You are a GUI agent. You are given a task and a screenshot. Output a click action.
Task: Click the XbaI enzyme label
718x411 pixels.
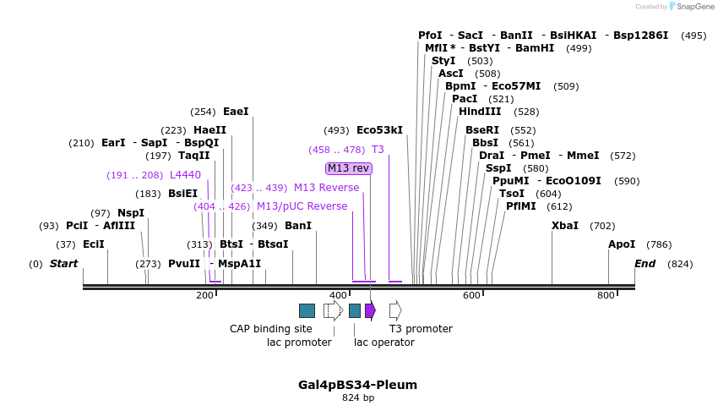point(565,226)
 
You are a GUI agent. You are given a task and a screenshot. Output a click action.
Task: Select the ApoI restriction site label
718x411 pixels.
point(622,244)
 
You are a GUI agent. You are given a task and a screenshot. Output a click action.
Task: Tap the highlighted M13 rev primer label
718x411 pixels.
point(348,168)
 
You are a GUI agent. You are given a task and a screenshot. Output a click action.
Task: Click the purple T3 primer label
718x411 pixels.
point(378,150)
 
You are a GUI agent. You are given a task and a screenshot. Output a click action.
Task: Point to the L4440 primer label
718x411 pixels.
point(185,175)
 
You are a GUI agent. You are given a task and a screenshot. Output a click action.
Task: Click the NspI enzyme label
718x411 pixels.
point(131,213)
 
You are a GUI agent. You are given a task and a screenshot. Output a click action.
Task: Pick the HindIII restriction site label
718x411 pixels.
point(480,112)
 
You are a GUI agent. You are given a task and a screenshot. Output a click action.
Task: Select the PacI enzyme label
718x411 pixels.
point(465,99)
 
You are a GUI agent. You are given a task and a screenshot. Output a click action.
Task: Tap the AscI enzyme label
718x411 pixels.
point(451,74)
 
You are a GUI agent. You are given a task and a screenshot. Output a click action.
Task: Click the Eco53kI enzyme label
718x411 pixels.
point(379,130)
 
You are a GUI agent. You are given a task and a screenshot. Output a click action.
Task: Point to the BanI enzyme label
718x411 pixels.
point(298,226)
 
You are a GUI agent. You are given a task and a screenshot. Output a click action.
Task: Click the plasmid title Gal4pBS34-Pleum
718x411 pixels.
point(357,385)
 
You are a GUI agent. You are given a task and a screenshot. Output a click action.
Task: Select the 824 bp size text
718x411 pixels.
point(357,397)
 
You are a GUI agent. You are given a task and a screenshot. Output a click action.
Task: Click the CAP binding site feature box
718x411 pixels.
point(307,310)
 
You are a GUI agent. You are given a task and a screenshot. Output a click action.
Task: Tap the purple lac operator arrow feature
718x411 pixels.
point(370,310)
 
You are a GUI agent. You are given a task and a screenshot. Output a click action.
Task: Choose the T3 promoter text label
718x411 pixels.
point(421,329)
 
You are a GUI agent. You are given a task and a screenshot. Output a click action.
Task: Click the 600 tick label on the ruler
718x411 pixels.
point(471,295)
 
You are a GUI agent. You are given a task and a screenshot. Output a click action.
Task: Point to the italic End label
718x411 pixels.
point(645,264)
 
